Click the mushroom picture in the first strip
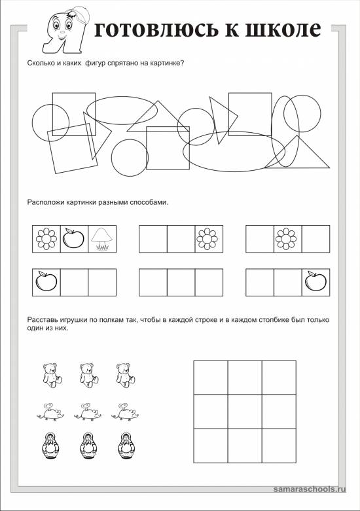coord(101,239)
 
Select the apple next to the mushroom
coord(73,238)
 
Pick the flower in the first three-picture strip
coord(46,239)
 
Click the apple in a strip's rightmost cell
coord(315,281)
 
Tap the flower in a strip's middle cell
coord(286,239)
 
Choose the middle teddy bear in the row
coord(88,375)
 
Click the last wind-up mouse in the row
coord(125,412)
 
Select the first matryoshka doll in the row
coord(51,446)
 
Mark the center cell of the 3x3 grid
coord(245,412)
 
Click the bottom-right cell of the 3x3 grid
coord(279,446)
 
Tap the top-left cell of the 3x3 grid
coord(211,378)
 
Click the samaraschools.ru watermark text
coord(310,489)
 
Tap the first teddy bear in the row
coord(52,375)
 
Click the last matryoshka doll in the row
coord(125,446)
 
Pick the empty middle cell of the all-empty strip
coord(181,282)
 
